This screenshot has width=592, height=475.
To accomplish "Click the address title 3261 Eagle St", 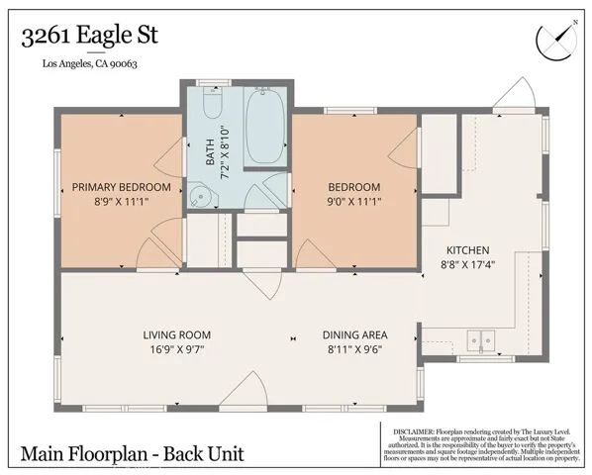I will tap(89, 37).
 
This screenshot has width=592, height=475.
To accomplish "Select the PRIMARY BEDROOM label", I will tap(121, 187).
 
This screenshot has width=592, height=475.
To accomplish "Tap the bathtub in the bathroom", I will tap(264, 126).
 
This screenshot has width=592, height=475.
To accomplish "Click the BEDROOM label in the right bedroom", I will tap(354, 187).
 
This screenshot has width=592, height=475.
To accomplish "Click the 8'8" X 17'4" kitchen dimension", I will tap(468, 264).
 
